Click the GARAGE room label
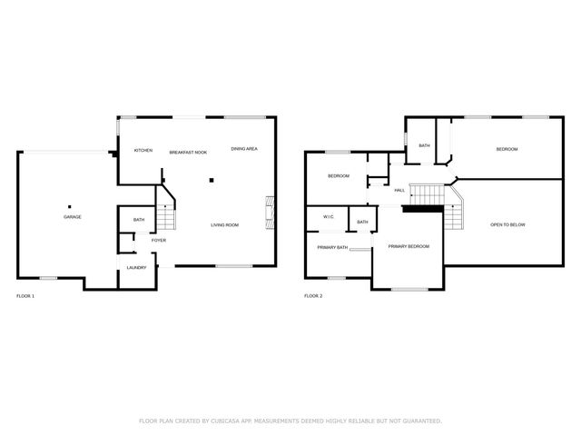(73, 217)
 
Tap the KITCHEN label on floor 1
(143, 150)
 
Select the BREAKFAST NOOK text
(189, 152)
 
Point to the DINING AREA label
(244, 149)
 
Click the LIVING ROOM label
(225, 224)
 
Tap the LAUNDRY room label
(137, 267)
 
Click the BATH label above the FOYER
(139, 220)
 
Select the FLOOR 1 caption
(26, 296)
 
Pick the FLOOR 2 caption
(313, 296)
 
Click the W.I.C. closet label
(329, 217)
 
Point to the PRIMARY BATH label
(332, 247)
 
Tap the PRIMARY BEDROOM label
(409, 246)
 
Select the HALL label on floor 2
(399, 190)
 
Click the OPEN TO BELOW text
(507, 224)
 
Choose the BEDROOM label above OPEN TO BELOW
(507, 149)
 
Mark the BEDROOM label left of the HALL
(339, 176)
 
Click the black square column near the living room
(212, 180)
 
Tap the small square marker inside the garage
(70, 204)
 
